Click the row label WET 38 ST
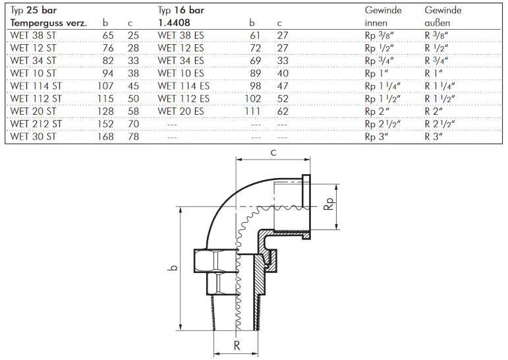(33, 36)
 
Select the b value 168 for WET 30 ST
(105, 136)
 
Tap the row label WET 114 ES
(183, 86)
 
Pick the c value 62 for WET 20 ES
(283, 111)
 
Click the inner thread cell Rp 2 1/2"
(383, 124)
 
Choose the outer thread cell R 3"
(434, 136)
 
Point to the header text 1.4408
(174, 22)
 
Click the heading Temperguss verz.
(49, 23)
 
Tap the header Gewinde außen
(443, 16)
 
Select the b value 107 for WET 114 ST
(105, 86)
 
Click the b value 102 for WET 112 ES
(253, 99)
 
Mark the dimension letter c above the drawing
(273, 152)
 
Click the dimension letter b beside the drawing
(174, 268)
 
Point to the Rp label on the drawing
(329, 204)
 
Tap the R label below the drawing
(237, 345)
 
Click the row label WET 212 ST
(36, 124)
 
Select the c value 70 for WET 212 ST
(133, 124)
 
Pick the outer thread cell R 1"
(434, 73)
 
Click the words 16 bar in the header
(189, 10)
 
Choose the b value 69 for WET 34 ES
(255, 61)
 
